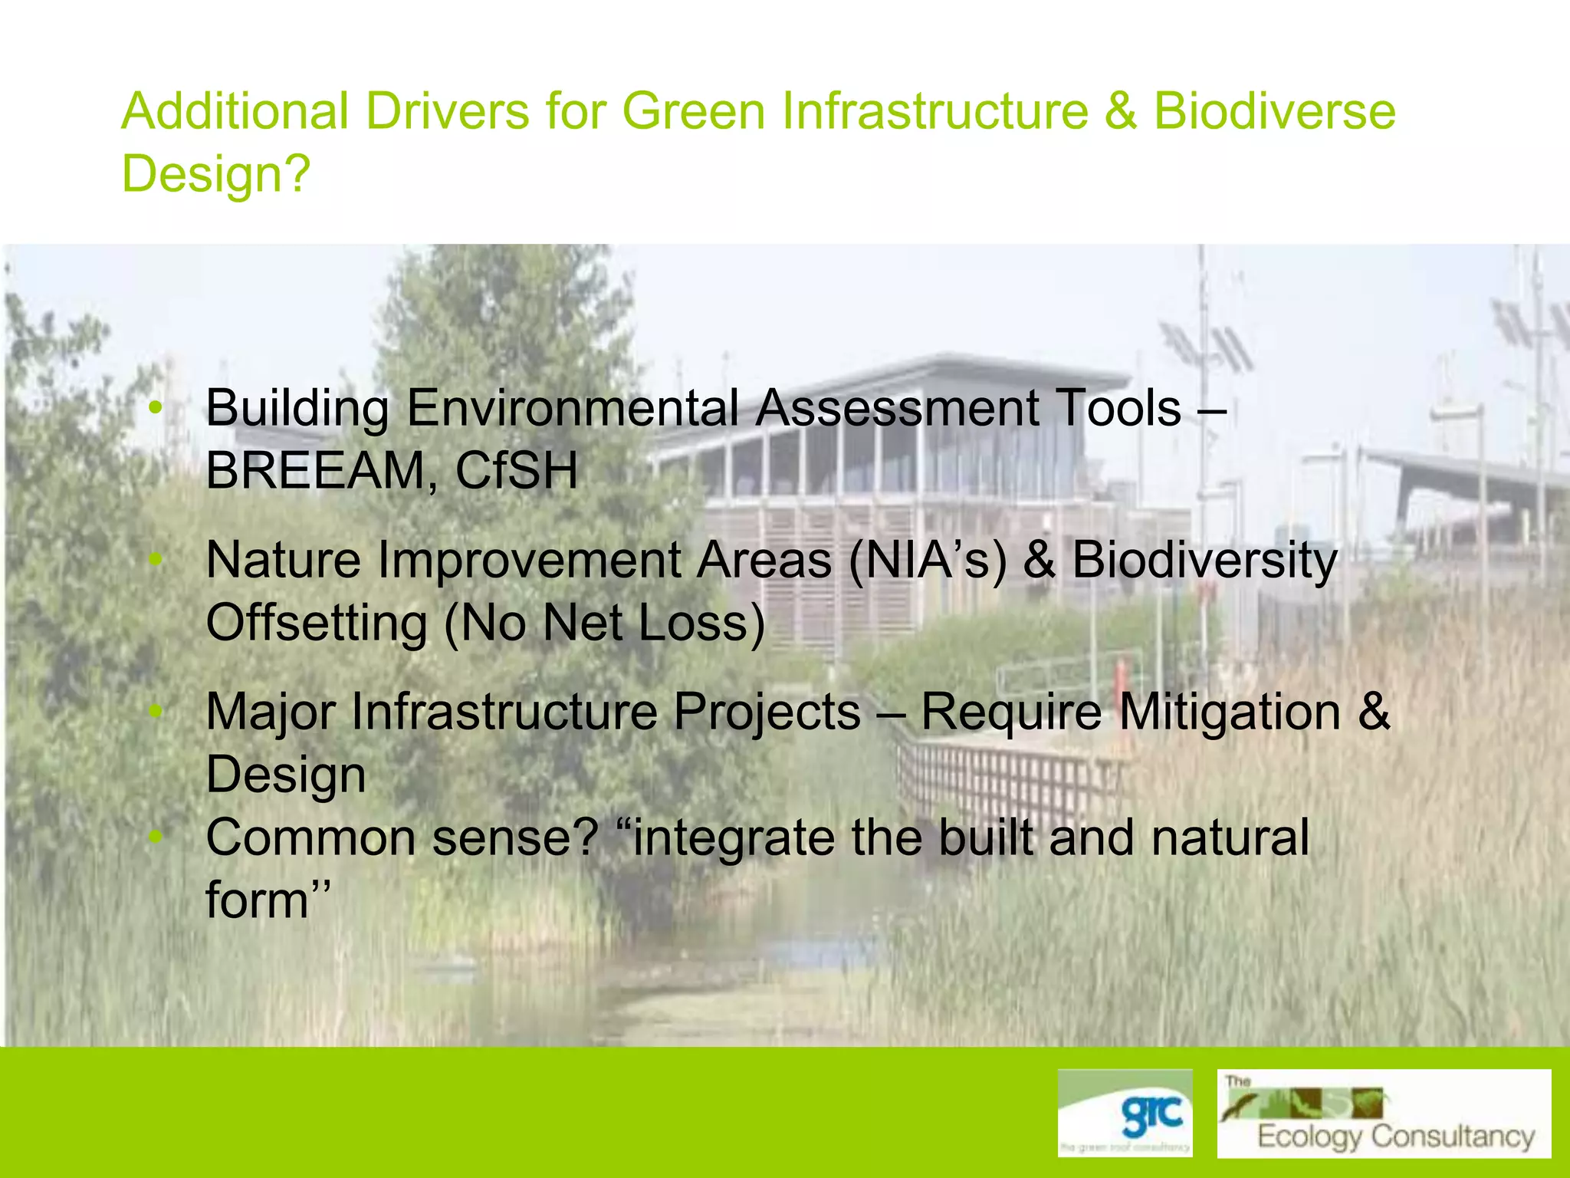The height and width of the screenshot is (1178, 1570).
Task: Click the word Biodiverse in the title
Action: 1274,111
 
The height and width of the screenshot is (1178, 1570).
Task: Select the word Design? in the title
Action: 216,174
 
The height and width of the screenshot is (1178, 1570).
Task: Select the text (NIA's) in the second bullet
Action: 927,560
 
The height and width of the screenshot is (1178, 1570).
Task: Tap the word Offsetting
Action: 317,623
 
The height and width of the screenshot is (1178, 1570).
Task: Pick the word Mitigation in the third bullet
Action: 1230,712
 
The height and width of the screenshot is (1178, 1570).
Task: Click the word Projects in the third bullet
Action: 767,712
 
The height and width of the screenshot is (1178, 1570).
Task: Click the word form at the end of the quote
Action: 256,900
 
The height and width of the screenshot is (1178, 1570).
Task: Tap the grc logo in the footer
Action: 1125,1113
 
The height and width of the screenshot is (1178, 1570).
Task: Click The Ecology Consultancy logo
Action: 1384,1113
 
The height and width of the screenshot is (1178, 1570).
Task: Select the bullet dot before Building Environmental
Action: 156,408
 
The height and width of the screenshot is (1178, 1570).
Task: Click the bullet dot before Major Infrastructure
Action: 156,712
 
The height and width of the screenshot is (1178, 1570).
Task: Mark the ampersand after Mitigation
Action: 1373,712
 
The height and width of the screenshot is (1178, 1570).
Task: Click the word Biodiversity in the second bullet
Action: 1204,560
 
